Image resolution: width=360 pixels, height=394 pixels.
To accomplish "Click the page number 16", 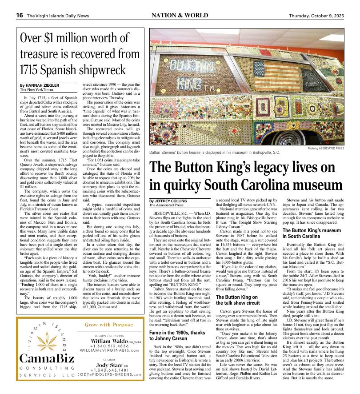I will point(20,15).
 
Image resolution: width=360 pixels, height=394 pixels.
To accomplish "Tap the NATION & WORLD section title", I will point(180,15).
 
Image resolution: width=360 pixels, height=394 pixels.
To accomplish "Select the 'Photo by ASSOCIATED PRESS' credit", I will point(325,148).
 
